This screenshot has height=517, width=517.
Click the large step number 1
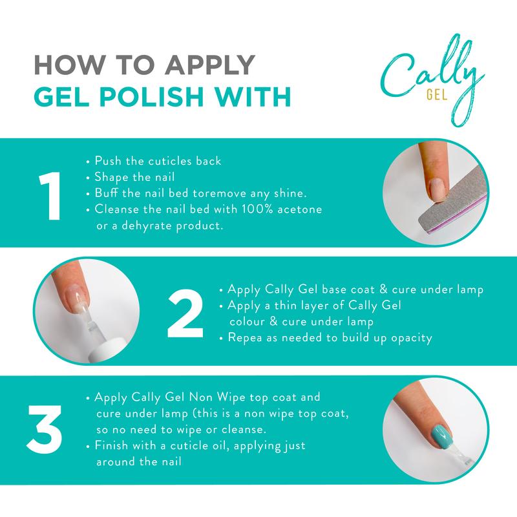(x=50, y=196)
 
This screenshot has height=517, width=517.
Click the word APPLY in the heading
(x=210, y=65)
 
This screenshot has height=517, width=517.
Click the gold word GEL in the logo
(x=438, y=95)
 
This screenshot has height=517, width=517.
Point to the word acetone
(x=300, y=209)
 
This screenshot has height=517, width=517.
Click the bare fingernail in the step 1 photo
(x=438, y=185)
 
